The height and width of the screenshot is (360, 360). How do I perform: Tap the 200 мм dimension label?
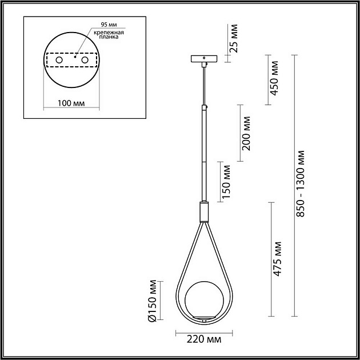[x=246, y=133]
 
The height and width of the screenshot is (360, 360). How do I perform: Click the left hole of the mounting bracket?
[x=58, y=60]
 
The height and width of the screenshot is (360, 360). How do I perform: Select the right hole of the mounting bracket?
[x=85, y=60]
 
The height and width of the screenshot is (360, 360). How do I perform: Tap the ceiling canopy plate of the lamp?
[x=203, y=59]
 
